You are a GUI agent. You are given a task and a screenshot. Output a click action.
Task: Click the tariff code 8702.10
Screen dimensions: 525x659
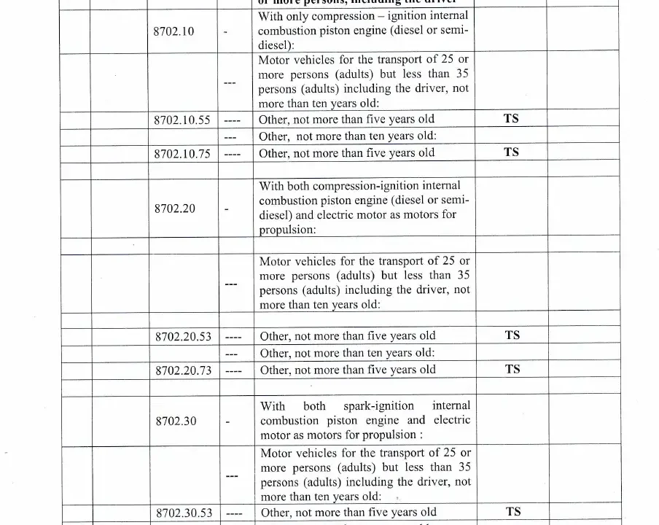(174, 32)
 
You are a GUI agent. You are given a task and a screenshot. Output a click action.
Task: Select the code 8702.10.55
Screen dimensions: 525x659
(182, 120)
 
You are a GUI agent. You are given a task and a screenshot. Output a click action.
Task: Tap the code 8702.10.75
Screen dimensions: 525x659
(182, 153)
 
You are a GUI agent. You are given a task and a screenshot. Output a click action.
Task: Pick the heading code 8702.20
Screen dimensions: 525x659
(175, 209)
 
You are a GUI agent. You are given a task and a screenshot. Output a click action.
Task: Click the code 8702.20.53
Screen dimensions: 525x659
(183, 337)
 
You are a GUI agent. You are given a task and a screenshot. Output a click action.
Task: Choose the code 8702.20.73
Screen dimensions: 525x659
(183, 370)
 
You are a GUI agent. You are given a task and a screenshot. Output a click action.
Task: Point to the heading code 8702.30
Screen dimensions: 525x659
(176, 421)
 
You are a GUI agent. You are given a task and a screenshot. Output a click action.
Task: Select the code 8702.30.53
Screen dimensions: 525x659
(184, 513)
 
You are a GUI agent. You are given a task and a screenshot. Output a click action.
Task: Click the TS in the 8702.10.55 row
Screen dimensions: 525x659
(511, 119)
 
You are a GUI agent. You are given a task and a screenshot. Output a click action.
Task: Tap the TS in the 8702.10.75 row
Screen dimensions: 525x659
(511, 152)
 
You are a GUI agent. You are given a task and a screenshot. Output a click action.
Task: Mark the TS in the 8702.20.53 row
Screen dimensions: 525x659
(512, 335)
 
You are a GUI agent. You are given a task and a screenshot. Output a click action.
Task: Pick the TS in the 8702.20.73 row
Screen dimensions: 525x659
(512, 369)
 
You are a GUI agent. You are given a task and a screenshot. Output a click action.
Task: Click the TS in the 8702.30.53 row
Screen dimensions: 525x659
(513, 512)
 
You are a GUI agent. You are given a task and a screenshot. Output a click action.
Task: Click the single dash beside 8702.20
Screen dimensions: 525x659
(227, 210)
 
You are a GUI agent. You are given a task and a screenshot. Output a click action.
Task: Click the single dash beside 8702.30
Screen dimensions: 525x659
(227, 422)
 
